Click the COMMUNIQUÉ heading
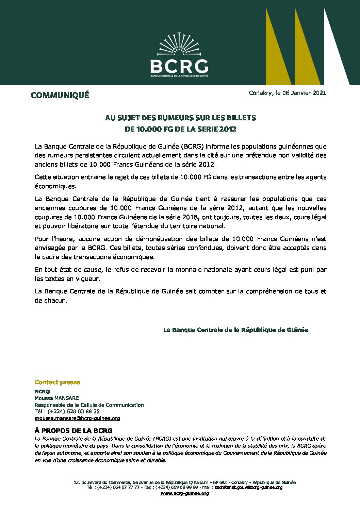coord(60,95)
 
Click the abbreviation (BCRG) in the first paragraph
coord(192,147)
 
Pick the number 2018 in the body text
coord(190,217)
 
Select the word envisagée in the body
coord(49,248)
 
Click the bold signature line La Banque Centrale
coord(235,330)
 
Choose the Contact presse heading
coord(58,382)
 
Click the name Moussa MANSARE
coord(56,398)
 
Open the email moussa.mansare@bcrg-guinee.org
coord(77,418)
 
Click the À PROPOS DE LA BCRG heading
coord(73,431)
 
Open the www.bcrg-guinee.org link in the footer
coord(184,493)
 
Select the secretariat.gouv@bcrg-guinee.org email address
coord(248,487)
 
